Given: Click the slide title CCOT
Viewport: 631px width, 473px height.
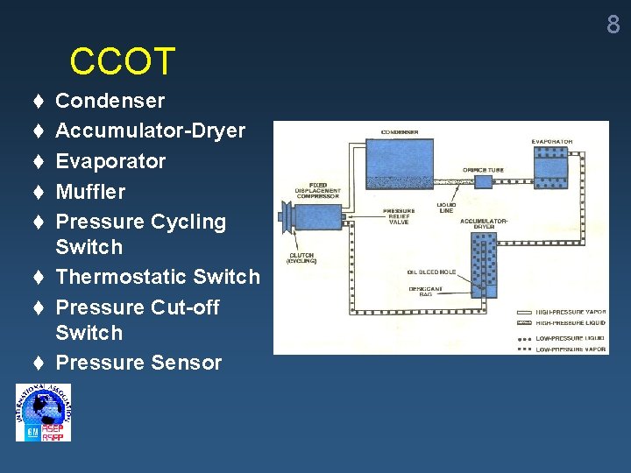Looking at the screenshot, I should [123, 62].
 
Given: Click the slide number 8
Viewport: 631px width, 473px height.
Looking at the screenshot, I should [613, 25].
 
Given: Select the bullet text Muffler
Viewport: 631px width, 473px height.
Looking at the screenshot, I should [90, 192].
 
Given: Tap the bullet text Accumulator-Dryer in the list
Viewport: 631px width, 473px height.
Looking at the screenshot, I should [150, 131].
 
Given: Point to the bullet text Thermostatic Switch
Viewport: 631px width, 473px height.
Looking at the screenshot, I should [158, 277].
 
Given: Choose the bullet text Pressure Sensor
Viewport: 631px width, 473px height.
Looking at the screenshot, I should [138, 363].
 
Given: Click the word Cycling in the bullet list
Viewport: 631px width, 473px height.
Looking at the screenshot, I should [188, 222].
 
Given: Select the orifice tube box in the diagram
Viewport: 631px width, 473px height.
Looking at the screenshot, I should [484, 180].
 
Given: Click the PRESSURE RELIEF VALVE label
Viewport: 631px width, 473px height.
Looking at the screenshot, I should [399, 215].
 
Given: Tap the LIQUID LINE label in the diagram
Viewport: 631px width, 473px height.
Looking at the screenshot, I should [446, 208].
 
